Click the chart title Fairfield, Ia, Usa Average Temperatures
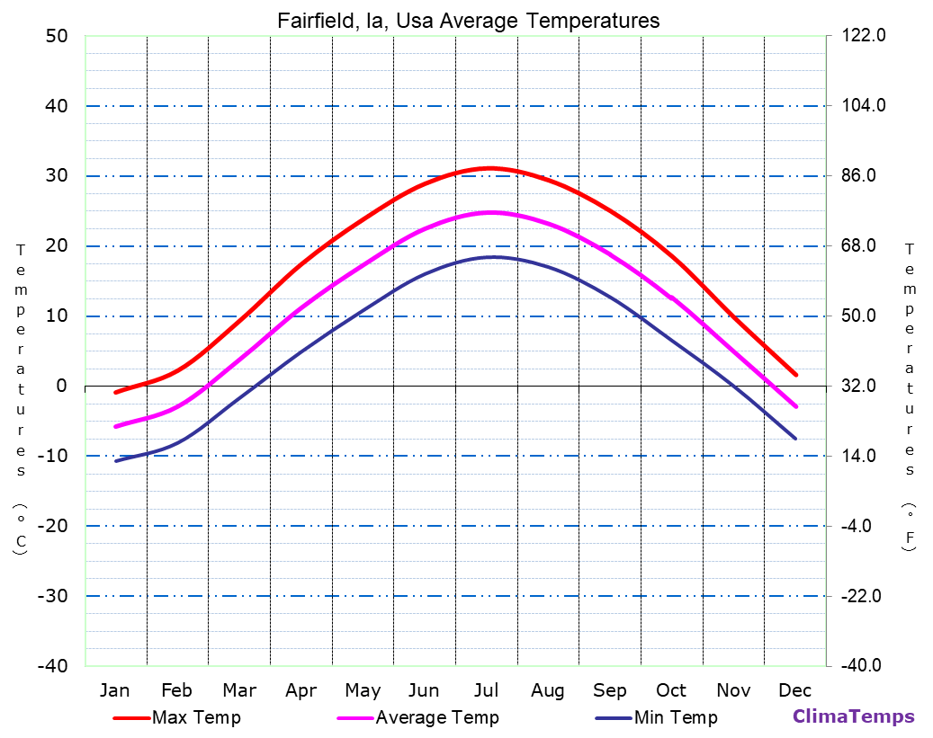(x=467, y=20)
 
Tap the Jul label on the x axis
(x=486, y=690)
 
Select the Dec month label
(x=795, y=690)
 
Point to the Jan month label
(x=114, y=690)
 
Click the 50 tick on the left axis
(x=56, y=36)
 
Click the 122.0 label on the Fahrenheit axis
(x=865, y=36)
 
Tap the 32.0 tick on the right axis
(x=865, y=386)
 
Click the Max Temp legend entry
(x=196, y=717)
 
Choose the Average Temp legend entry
(x=436, y=717)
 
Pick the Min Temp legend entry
(x=675, y=717)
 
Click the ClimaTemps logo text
(x=853, y=716)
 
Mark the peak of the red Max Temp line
(x=489, y=168)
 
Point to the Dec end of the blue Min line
(x=795, y=438)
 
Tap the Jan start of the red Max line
(x=115, y=393)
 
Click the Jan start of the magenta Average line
(x=115, y=426)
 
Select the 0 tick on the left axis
(x=62, y=386)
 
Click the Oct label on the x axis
(x=671, y=690)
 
